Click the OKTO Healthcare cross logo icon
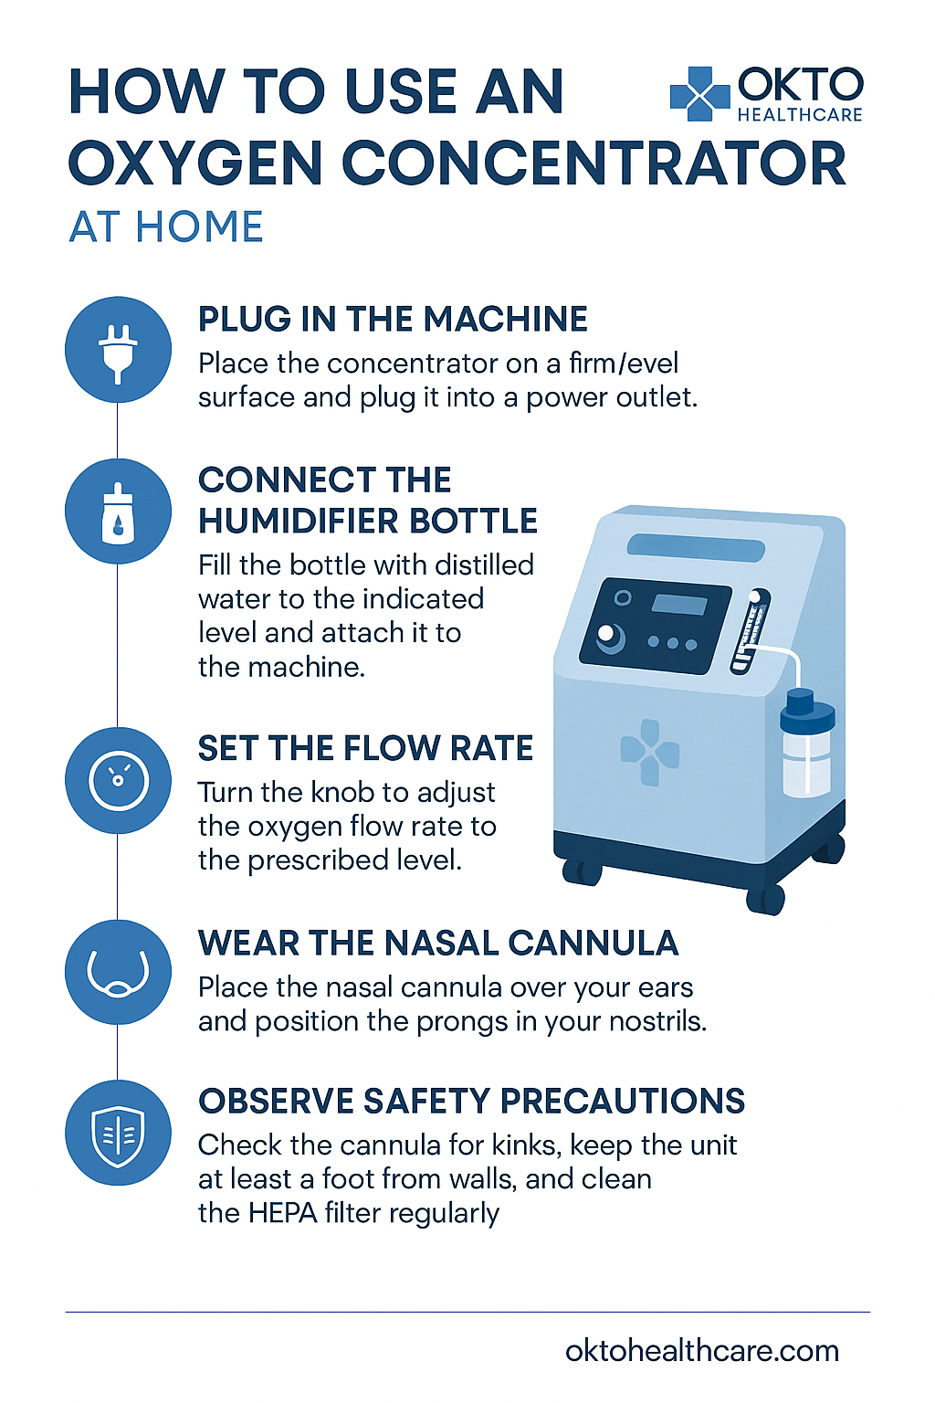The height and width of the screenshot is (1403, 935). point(699,94)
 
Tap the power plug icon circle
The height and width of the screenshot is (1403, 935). point(118,350)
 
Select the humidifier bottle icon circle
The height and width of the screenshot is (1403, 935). point(118,512)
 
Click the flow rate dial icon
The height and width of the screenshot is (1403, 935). point(118,780)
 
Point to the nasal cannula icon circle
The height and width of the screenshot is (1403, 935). point(118,972)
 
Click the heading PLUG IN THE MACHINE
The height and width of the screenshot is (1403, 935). point(393,319)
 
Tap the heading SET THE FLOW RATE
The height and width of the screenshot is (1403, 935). point(365,748)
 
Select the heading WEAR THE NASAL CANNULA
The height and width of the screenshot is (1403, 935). point(437,943)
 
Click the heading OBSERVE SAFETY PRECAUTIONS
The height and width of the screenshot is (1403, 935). point(471,1101)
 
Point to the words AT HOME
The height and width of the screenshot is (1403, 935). point(166,227)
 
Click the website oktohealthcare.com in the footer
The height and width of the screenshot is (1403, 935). point(702,1350)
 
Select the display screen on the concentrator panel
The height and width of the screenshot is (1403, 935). point(679,605)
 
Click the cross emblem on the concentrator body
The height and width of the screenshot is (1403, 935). point(650,752)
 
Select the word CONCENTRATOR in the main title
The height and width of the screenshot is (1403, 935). point(594,164)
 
